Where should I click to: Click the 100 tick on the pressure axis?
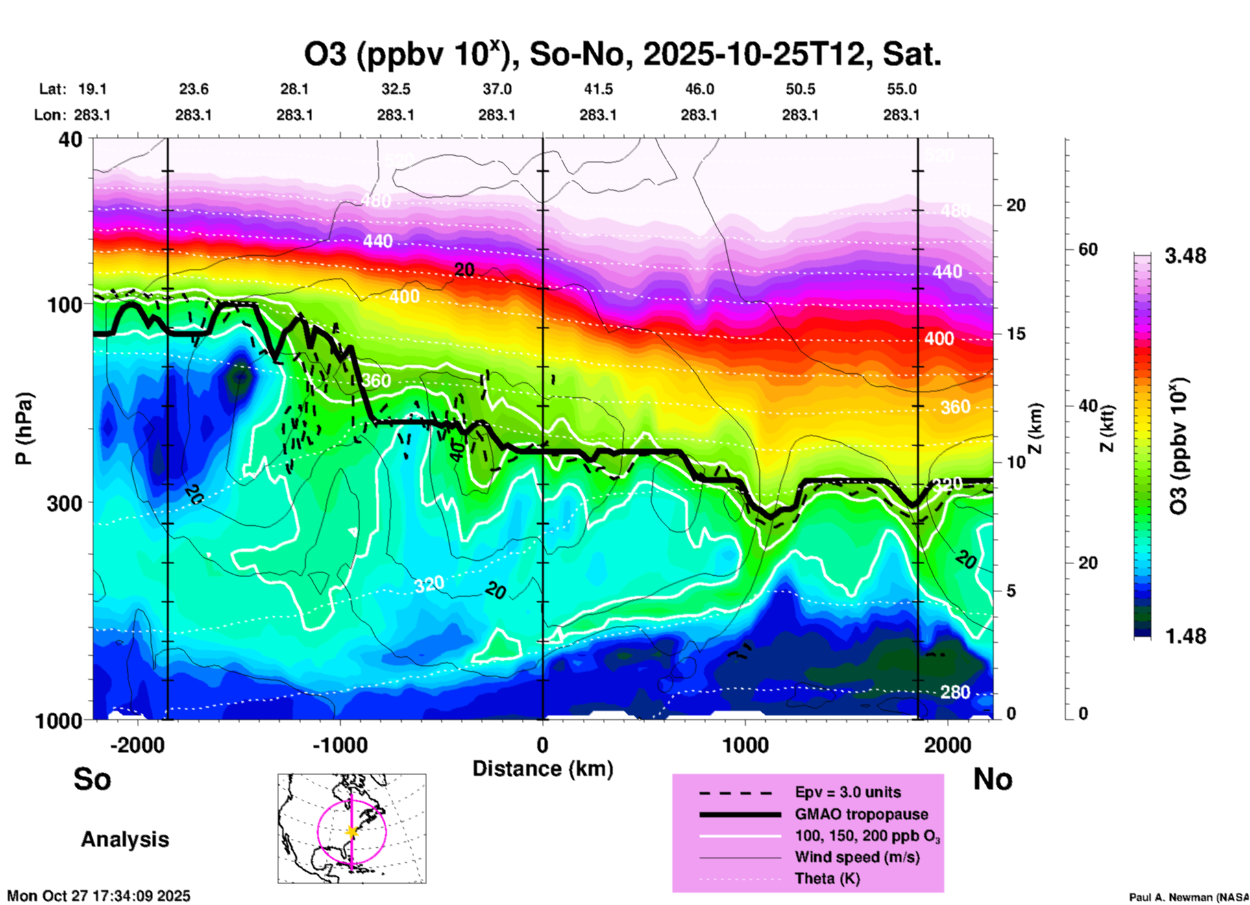coord(65,304)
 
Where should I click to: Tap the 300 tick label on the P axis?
coord(65,502)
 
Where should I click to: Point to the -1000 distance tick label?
coord(339,745)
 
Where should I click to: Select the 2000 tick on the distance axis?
coord(948,745)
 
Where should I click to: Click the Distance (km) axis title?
coord(543,769)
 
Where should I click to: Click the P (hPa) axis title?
coord(24,428)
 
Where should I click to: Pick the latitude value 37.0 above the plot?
coord(496,89)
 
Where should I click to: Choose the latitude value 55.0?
coord(901,89)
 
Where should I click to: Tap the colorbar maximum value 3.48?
coord(1185,256)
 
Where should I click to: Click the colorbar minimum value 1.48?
coord(1185,636)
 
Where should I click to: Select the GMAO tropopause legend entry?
coord(861,814)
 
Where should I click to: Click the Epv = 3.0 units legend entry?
coord(848,792)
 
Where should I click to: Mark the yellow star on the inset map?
coord(352,832)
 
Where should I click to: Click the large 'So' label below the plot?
coord(92,779)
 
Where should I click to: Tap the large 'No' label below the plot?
coord(992,779)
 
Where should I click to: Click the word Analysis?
coord(125,839)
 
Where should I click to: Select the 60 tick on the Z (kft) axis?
coord(1088,249)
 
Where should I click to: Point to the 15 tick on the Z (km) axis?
coord(1016,334)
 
